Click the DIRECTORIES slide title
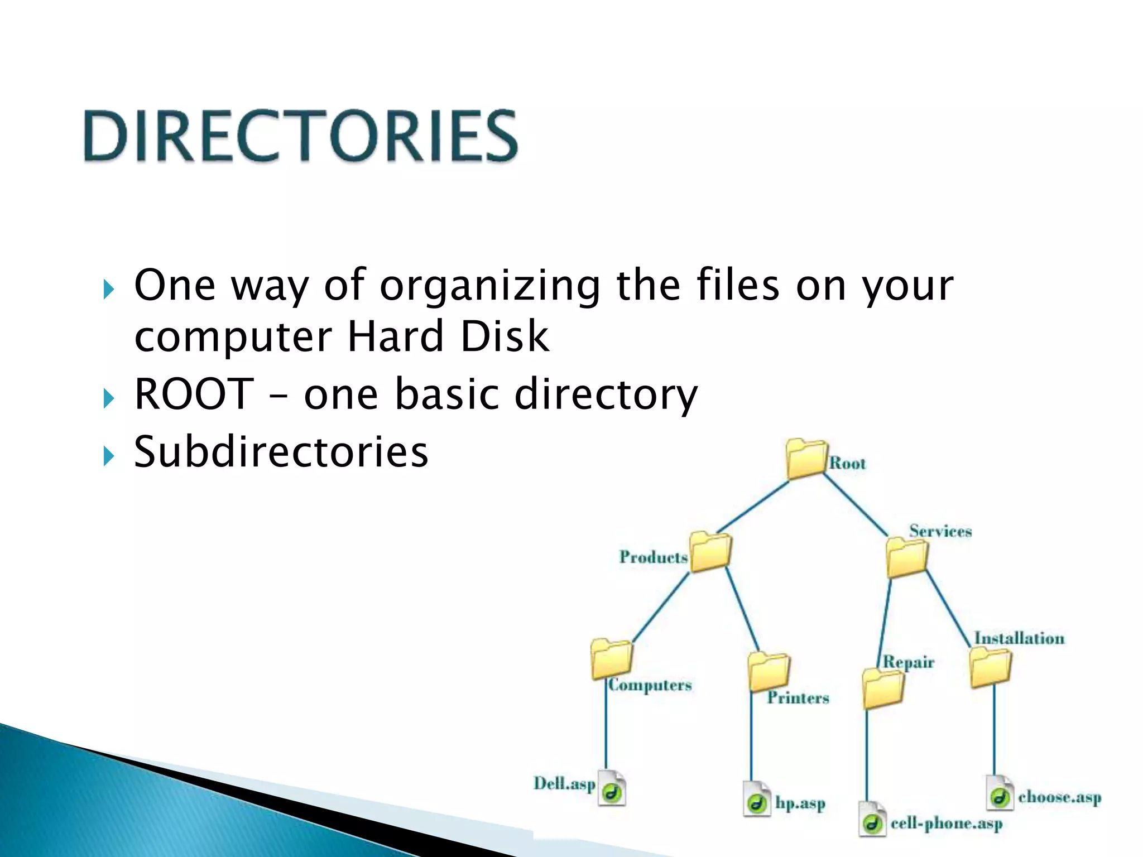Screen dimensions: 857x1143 tap(301, 136)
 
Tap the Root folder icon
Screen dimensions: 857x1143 tap(806, 459)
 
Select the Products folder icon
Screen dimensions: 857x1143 tap(709, 552)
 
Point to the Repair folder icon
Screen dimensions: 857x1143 tap(883, 689)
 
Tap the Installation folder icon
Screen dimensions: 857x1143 tap(991, 667)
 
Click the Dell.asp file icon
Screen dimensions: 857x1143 tap(612, 788)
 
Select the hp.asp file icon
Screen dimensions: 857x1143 tap(757, 799)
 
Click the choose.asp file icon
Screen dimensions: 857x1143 tap(1000, 792)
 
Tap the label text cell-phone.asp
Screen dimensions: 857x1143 tap(947, 824)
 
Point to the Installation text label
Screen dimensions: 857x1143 tap(1019, 638)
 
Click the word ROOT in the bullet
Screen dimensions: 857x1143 tap(194, 394)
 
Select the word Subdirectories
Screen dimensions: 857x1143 tap(281, 451)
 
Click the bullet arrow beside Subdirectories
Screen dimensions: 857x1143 tap(109, 456)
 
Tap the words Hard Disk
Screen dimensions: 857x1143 tap(448, 336)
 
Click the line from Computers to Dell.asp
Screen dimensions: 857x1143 tap(606, 725)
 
